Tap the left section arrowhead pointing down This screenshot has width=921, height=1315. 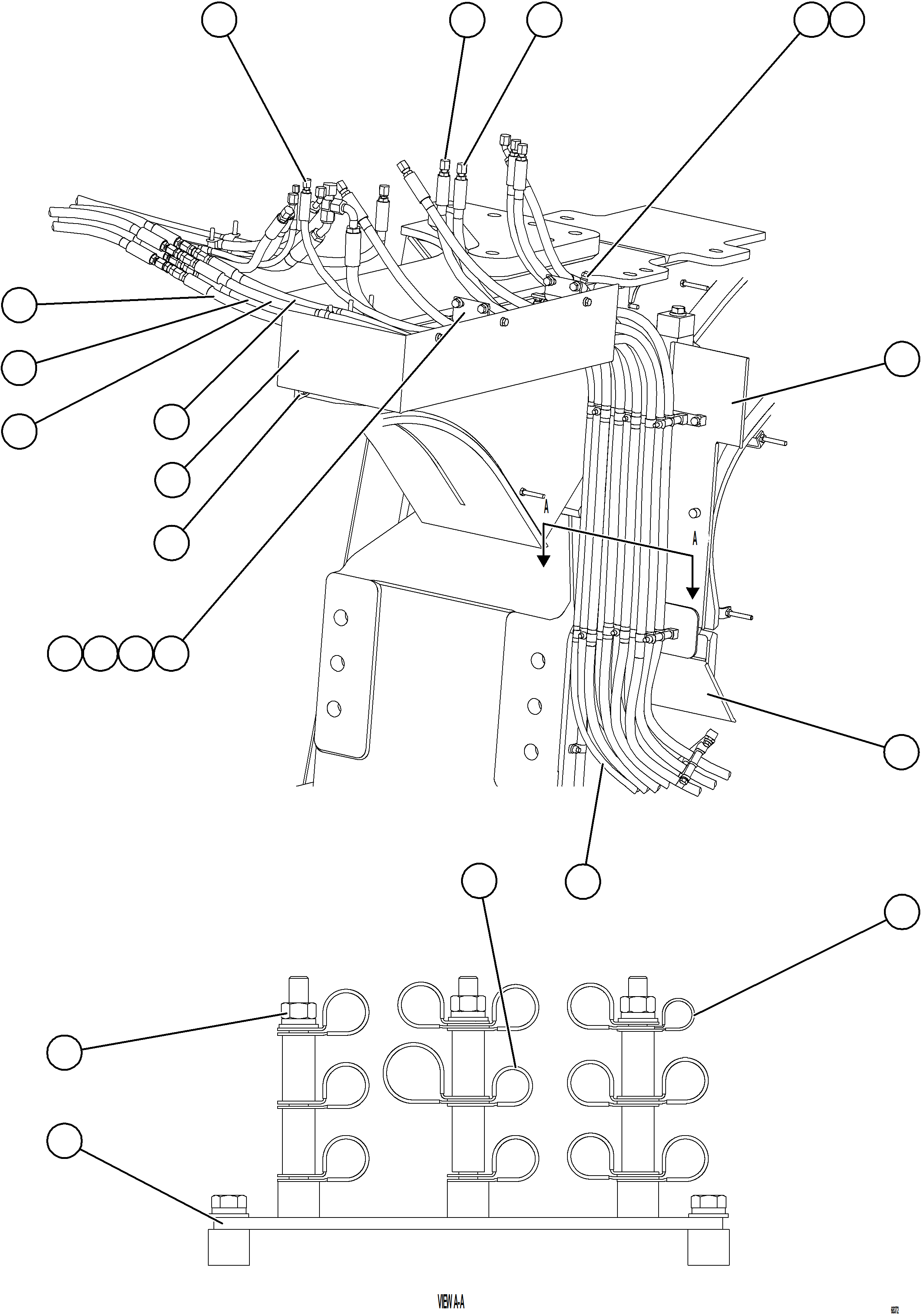[543, 560]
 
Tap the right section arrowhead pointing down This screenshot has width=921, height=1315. [693, 593]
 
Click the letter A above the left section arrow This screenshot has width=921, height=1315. [546, 508]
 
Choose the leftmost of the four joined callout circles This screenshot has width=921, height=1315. [64, 653]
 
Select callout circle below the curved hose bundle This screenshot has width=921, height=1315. [583, 881]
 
